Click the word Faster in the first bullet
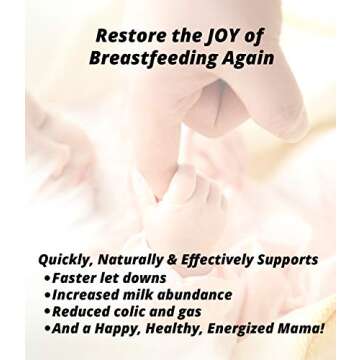click(x=77, y=277)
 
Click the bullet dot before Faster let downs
click(x=47, y=278)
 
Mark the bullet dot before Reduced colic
click(x=47, y=313)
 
